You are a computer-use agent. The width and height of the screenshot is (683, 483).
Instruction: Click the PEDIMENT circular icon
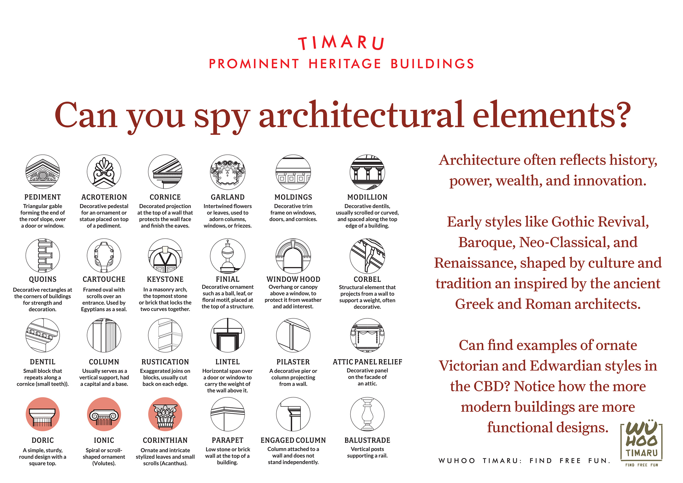click(x=42, y=172)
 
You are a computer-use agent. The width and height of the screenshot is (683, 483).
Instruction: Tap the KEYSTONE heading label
click(x=165, y=279)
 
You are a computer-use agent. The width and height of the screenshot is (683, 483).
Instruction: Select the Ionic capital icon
click(x=104, y=414)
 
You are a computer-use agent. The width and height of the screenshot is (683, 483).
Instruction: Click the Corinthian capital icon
click(x=165, y=414)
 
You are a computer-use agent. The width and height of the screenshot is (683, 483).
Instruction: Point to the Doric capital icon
click(x=42, y=414)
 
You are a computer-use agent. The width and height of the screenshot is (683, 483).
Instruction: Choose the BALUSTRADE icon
click(x=367, y=414)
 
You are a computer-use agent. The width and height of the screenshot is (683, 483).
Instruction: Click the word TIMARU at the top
click(x=341, y=43)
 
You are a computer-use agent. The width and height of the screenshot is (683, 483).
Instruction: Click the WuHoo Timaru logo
click(x=641, y=443)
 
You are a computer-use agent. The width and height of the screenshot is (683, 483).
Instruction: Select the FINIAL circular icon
click(x=227, y=256)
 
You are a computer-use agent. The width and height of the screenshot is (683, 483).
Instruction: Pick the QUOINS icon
click(x=42, y=256)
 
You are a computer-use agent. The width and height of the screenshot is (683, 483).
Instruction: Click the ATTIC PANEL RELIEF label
click(x=367, y=362)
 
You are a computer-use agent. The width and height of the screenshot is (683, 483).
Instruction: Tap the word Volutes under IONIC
click(x=104, y=463)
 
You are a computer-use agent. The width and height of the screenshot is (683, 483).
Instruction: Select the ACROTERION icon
click(x=104, y=172)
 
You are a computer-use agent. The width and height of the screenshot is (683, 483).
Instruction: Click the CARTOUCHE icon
click(x=104, y=256)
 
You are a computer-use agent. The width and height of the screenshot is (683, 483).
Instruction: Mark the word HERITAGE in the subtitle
click(x=345, y=64)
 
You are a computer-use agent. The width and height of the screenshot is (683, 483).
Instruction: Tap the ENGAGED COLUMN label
click(x=293, y=440)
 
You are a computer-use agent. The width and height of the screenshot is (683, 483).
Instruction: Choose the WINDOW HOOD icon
click(x=293, y=256)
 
